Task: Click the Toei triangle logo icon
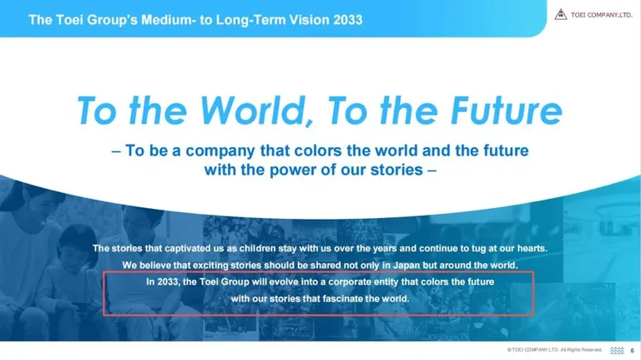[x=561, y=15]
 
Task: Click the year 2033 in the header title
[x=347, y=20]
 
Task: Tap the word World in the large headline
[x=257, y=110]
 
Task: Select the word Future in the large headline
[x=507, y=110]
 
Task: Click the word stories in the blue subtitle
[x=396, y=170]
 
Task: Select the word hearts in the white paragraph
[x=532, y=248]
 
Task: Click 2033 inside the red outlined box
[x=167, y=281]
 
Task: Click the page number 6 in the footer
[x=632, y=351]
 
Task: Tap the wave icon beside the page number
[x=617, y=351]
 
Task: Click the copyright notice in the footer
[x=554, y=350]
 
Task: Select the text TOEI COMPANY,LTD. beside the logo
[x=601, y=15]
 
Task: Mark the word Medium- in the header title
[x=169, y=20]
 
